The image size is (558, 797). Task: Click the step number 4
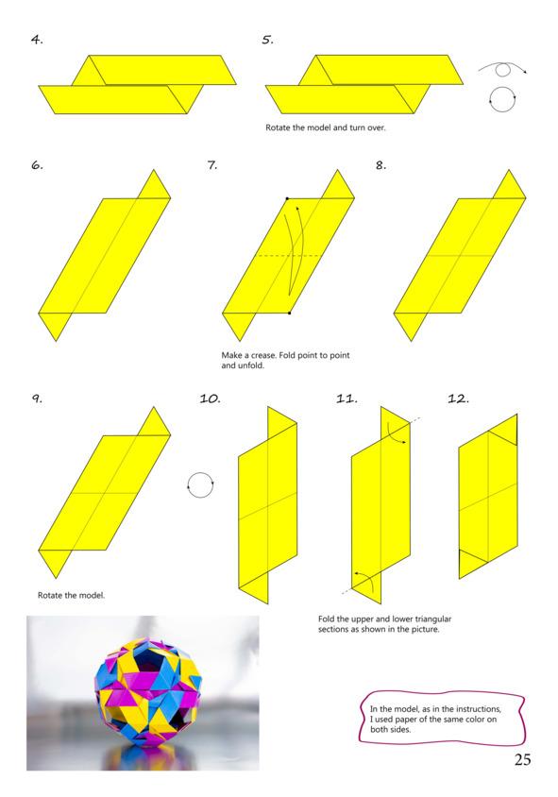pos(37,40)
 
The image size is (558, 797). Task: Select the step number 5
pos(268,40)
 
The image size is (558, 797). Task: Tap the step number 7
pos(212,165)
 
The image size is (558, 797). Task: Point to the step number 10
pos(210,398)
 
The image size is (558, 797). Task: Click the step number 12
pos(458,398)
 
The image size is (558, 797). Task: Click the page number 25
pos(522,759)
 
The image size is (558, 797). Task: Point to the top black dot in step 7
pos(287,198)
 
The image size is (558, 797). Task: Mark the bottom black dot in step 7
pos(289,314)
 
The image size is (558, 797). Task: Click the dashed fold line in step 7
pos(288,255)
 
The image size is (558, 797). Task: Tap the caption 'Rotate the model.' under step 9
pos(71,595)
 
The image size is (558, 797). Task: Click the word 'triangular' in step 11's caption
pos(433,619)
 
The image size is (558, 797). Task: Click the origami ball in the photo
pos(148,691)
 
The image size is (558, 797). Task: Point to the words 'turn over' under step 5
pos(367,127)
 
